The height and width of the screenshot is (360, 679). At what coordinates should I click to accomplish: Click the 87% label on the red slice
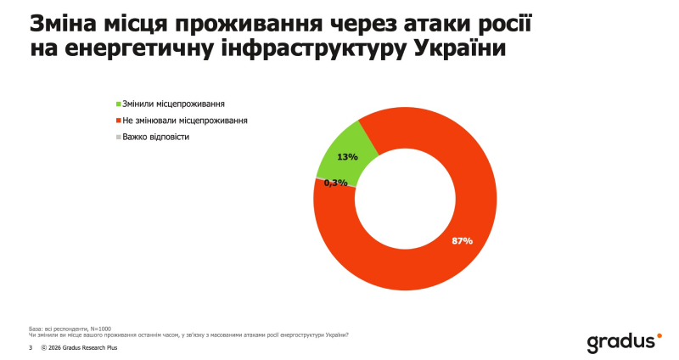pos(462,241)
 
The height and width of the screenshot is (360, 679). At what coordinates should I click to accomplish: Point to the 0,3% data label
pos(337,183)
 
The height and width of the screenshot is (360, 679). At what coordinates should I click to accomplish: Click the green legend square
pos(118,104)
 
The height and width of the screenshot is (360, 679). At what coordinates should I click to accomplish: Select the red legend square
pos(118,121)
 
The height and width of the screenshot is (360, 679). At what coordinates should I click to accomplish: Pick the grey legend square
pos(118,137)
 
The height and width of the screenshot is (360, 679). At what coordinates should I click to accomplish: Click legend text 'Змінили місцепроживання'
pos(173,104)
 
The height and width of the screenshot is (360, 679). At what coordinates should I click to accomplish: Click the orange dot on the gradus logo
pos(658,336)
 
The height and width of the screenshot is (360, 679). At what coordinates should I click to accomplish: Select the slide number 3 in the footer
pos(31,348)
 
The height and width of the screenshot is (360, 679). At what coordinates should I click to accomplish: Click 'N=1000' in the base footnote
pos(99,329)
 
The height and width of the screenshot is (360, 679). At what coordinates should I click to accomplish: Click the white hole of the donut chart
pos(404,198)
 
